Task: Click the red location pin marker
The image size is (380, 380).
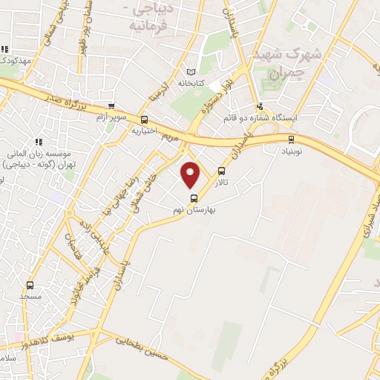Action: (191, 174)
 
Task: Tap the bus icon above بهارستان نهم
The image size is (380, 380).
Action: (194, 198)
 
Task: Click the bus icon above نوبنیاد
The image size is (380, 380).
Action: (290, 138)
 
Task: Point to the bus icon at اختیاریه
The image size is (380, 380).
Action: (144, 119)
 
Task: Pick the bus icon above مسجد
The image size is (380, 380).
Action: (30, 285)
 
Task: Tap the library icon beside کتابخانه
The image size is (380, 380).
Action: (194, 72)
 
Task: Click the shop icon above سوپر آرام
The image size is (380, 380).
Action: (111, 106)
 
